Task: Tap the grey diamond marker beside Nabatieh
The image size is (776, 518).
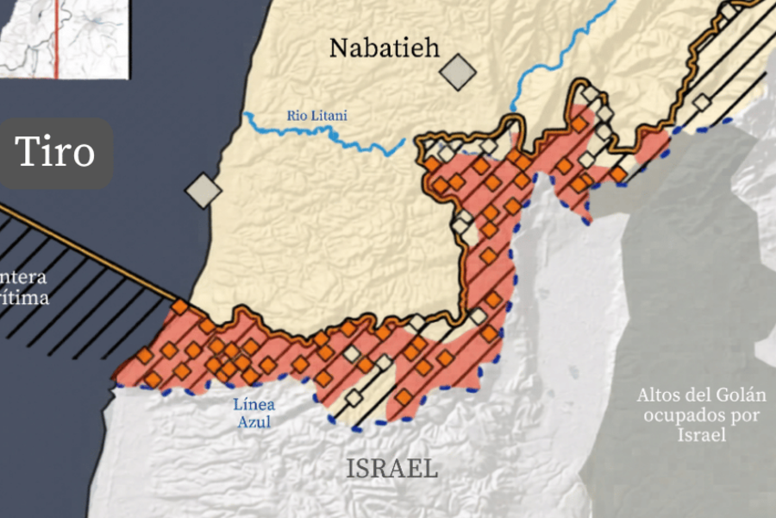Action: [x=458, y=73]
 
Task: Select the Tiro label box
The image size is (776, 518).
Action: [x=56, y=154]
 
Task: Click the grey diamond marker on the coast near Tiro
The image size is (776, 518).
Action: [x=203, y=190]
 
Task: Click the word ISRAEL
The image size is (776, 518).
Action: [x=392, y=469]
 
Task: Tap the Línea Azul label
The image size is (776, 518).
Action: [x=254, y=413]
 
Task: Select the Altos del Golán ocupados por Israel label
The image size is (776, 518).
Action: [x=701, y=414]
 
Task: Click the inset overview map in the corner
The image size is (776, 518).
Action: [x=64, y=38]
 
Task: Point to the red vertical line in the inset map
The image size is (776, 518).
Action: [x=57, y=38]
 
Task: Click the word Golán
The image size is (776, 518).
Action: [x=740, y=396]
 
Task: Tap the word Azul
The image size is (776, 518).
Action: [x=254, y=422]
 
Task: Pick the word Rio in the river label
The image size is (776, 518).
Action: [x=296, y=116]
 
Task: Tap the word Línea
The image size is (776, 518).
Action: [x=254, y=403]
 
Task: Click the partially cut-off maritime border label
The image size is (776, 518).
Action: [x=24, y=288]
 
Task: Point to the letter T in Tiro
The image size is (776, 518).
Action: [x=27, y=153]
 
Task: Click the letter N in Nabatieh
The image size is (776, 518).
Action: [x=338, y=47]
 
